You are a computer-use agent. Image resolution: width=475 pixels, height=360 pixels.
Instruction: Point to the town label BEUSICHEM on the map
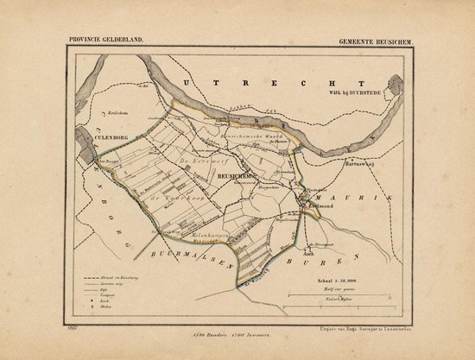235,174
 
